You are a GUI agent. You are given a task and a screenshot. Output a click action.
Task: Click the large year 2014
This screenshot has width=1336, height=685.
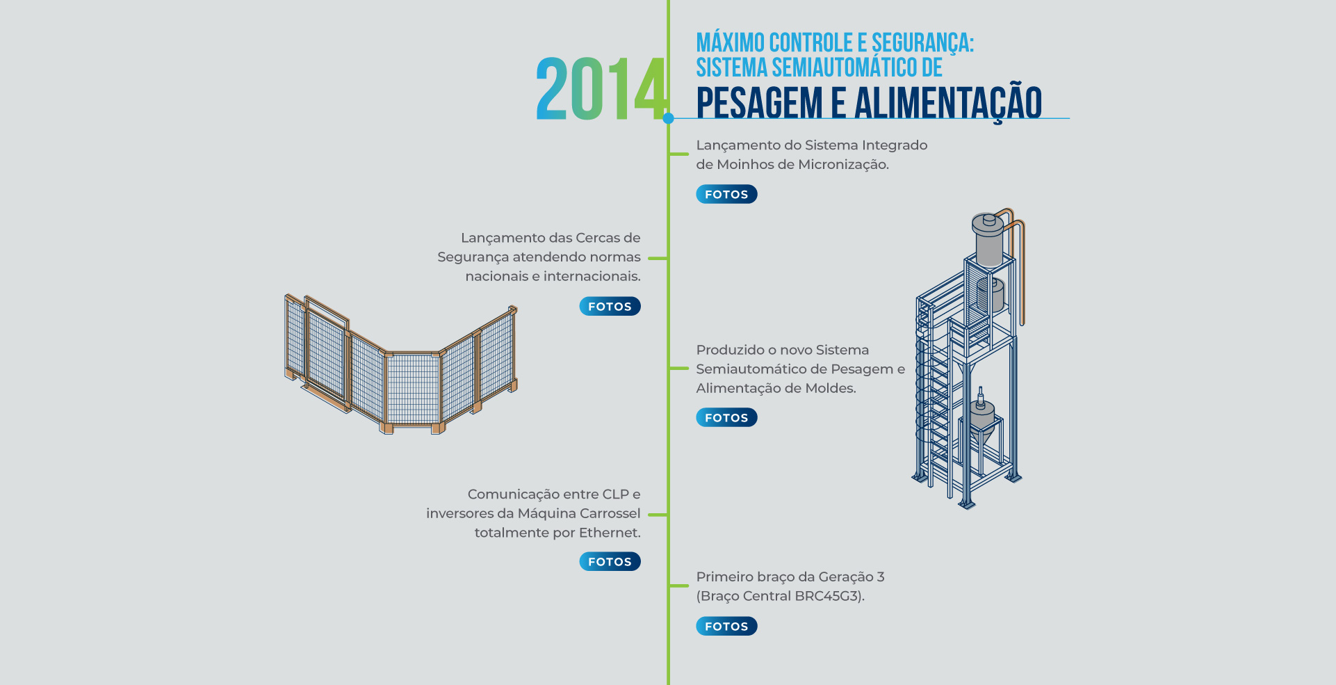(x=602, y=89)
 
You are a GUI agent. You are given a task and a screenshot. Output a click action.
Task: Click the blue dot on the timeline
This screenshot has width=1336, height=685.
(x=668, y=118)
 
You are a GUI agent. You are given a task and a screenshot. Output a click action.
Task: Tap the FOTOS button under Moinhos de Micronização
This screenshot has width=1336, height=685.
(x=726, y=194)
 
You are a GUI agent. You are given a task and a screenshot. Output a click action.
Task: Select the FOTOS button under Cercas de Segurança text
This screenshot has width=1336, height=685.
(x=610, y=306)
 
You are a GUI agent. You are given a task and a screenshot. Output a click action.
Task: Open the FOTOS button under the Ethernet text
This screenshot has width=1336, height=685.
(x=610, y=561)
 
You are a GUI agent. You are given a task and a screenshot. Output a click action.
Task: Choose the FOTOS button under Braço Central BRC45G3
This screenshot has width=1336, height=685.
(x=726, y=626)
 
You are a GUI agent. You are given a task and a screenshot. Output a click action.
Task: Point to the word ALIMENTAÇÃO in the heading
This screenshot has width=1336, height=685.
(x=948, y=103)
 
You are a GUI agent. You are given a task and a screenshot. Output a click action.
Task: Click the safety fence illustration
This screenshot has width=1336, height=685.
(x=401, y=364)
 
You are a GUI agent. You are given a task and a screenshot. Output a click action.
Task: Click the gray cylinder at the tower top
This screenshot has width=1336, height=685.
(x=988, y=240)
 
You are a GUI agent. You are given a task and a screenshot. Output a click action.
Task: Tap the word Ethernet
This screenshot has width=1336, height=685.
(x=610, y=533)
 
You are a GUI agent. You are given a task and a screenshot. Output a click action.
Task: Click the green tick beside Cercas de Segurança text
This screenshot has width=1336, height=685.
(x=658, y=258)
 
